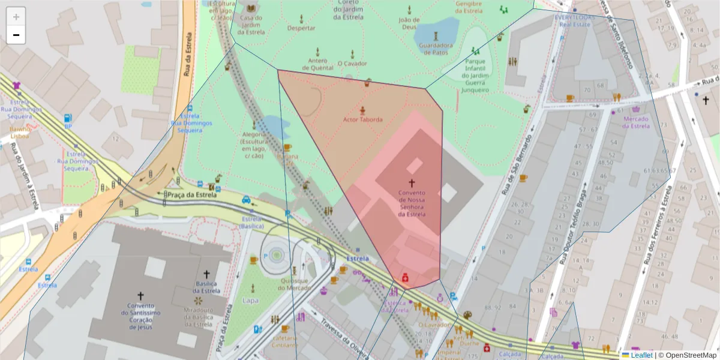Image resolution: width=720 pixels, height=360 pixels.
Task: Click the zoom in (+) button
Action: (x=16, y=17)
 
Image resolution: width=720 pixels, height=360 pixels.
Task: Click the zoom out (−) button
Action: (x=16, y=35)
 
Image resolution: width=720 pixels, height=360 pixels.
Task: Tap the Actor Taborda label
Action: (x=362, y=119)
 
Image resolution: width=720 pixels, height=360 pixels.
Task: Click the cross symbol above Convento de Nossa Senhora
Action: (x=412, y=183)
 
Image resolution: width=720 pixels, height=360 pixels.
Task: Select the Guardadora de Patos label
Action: (x=436, y=49)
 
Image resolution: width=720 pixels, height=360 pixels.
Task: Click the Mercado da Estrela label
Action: (x=637, y=122)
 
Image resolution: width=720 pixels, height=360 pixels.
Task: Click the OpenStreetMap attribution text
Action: (x=687, y=355)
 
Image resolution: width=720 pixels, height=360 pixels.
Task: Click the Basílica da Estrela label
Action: (x=206, y=287)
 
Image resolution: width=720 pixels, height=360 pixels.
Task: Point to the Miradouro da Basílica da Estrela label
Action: (x=197, y=317)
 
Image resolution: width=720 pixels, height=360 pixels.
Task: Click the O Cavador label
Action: (x=352, y=63)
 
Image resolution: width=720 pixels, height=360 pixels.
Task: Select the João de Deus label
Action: (x=409, y=23)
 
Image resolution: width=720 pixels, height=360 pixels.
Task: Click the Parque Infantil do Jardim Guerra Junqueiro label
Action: (x=475, y=76)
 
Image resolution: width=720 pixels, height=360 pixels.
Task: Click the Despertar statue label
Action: (x=301, y=28)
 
